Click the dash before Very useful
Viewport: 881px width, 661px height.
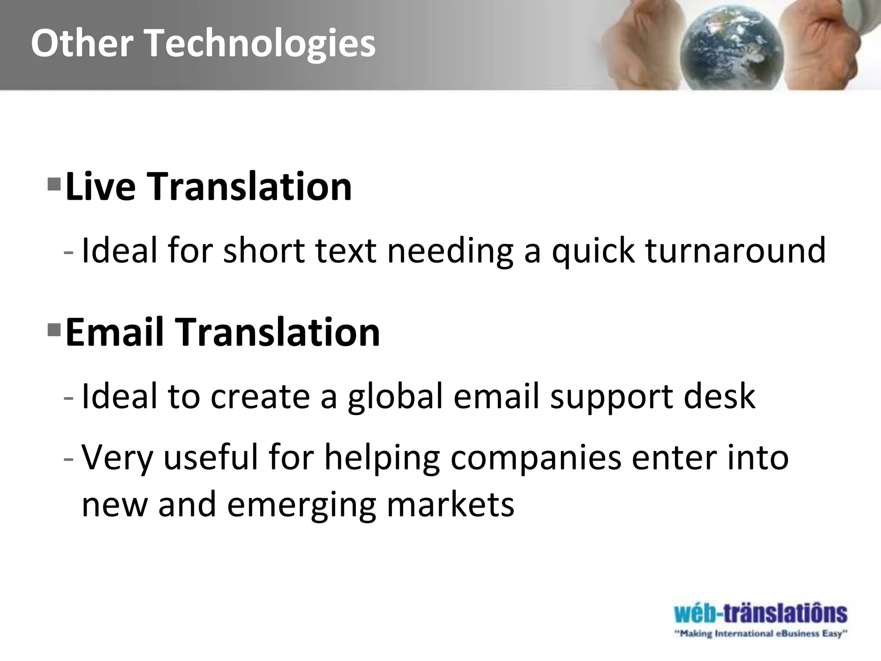click(x=68, y=458)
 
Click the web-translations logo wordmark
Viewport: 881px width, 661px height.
click(x=760, y=613)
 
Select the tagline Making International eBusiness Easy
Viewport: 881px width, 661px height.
click(x=760, y=633)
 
